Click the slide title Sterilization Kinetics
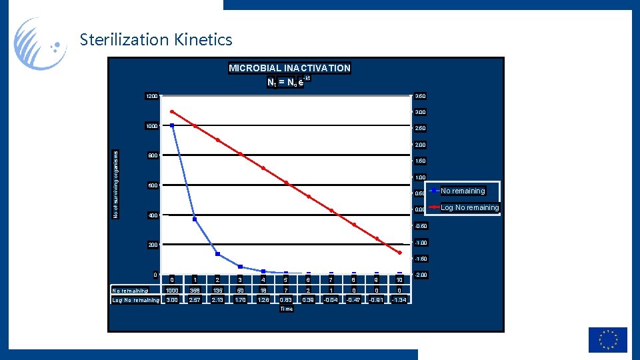click(156, 40)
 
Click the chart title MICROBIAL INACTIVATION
click(289, 68)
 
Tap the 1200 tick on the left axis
click(151, 97)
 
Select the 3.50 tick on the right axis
click(420, 97)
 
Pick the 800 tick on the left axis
click(153, 157)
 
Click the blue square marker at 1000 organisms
click(172, 125)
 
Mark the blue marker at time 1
click(195, 219)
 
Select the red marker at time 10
click(399, 253)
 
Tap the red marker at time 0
click(172, 111)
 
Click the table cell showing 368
click(195, 290)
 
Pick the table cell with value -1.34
click(399, 300)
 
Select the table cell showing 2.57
click(195, 300)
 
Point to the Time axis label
click(286, 309)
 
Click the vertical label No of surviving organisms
click(115, 183)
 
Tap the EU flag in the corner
click(607, 339)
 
